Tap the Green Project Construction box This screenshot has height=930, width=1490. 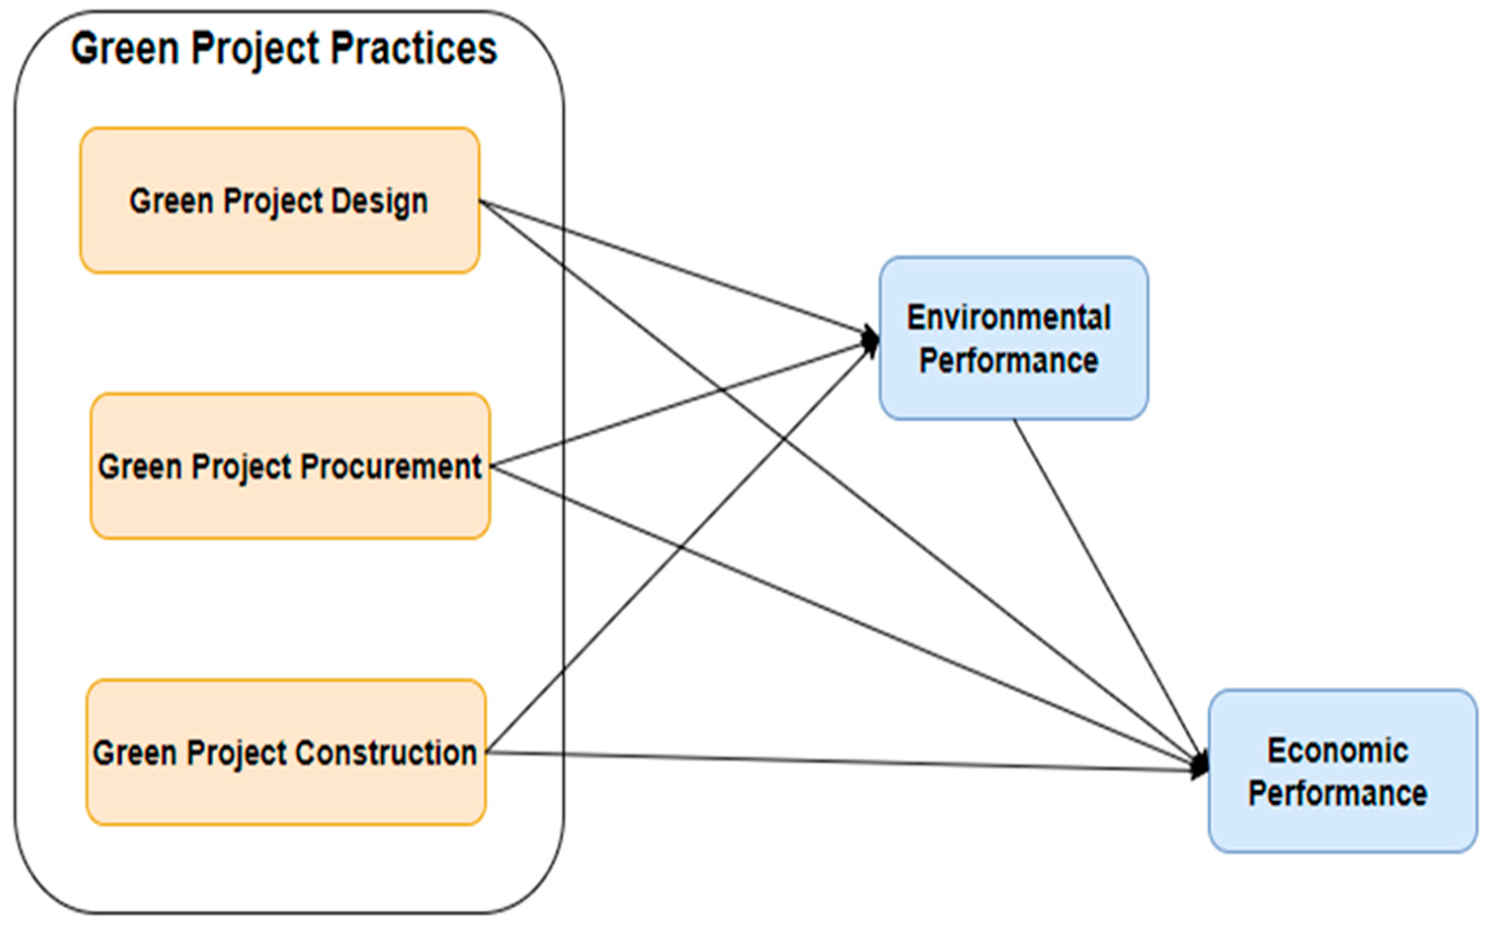pos(286,794)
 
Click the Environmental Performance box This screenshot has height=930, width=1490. pos(1013,394)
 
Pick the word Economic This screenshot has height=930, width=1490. pos(1337,751)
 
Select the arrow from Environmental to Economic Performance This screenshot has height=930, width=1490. pos(1106,591)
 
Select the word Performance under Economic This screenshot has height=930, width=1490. pos(1337,794)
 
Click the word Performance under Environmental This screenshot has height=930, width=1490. pos(1008,360)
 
